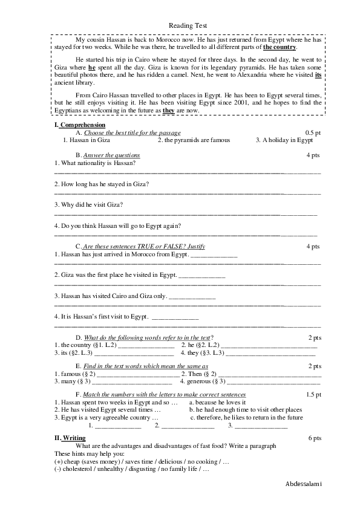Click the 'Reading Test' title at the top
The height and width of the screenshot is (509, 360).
pos(188,25)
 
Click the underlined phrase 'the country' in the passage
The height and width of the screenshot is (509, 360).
pos(280,47)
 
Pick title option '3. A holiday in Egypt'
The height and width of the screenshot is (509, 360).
pos(284,140)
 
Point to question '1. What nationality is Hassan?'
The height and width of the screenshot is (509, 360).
pos(95,163)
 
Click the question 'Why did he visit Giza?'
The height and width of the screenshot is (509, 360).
pos(89,204)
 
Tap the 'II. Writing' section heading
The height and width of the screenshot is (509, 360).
pos(70,438)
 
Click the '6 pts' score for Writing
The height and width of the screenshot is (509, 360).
pos(315,438)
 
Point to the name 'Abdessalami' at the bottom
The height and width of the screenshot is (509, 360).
pos(304,485)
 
